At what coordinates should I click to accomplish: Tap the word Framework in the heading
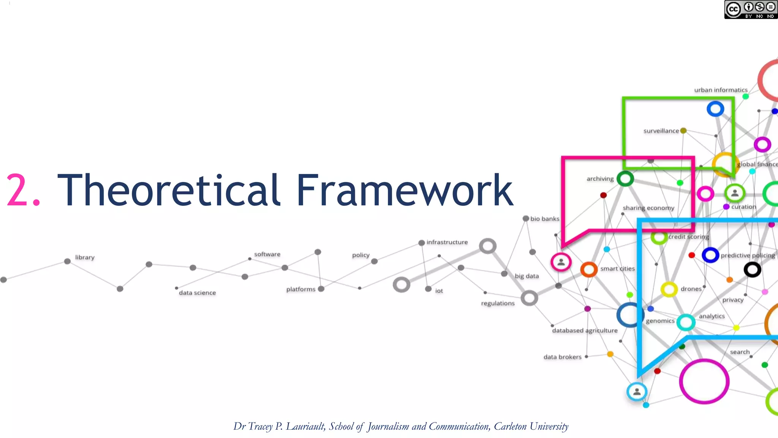pos(404,190)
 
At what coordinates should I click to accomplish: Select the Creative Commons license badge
pos(750,10)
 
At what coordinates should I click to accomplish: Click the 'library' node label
pos(85,257)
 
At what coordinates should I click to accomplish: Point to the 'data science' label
pos(197,293)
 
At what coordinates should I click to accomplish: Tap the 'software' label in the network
pos(267,254)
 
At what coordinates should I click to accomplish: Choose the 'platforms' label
pos(300,289)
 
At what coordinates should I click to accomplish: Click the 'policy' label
pos(361,255)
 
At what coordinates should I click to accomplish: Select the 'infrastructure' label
pos(447,242)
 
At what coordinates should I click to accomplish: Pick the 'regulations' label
pos(498,303)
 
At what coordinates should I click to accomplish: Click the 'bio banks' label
pos(544,219)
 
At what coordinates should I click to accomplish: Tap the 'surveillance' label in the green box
pos(661,131)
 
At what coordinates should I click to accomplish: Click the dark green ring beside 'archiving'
pos(625,179)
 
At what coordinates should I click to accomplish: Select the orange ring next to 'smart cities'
pos(589,270)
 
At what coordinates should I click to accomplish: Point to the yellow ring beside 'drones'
pos(669,289)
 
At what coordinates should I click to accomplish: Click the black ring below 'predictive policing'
pos(752,270)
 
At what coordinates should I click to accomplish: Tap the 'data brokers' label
pos(562,357)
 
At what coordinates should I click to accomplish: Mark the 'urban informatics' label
pos(721,90)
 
